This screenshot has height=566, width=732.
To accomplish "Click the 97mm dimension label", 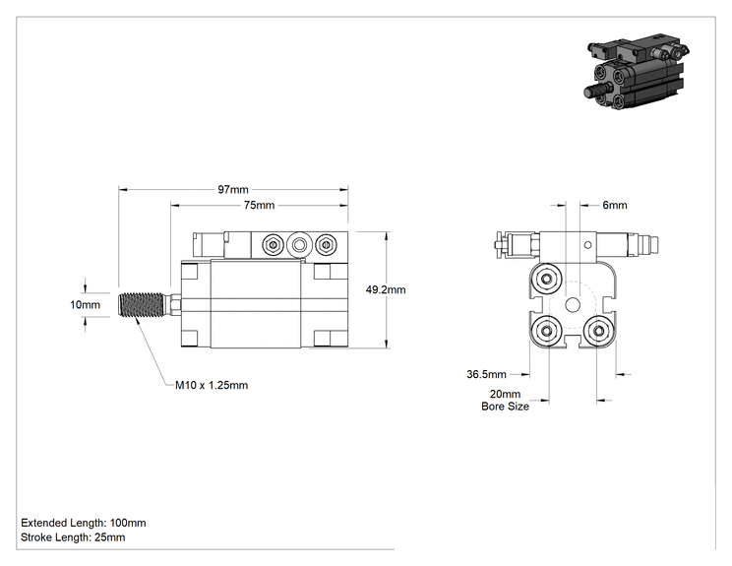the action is click(233, 190).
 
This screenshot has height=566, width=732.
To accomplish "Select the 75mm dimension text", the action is click(259, 205).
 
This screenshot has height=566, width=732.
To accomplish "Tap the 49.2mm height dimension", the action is click(386, 289).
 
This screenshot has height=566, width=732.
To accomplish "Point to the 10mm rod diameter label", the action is click(85, 305).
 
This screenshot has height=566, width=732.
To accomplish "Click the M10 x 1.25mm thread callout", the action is click(212, 385).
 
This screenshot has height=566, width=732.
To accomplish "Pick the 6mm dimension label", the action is click(615, 205).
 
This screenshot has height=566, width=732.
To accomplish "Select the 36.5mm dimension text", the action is click(486, 374).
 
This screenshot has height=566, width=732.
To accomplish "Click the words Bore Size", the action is click(505, 407).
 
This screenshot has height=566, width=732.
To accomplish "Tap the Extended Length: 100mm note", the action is click(84, 523).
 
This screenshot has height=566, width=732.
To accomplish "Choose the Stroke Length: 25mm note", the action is click(73, 537).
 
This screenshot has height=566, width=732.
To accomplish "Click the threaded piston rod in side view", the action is click(142, 305).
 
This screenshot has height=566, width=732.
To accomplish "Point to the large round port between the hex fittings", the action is click(299, 245).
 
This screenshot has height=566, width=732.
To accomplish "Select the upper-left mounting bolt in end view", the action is click(546, 280).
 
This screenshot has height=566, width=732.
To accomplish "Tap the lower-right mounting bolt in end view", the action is click(599, 331).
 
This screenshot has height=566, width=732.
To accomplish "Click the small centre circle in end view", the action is click(573, 305).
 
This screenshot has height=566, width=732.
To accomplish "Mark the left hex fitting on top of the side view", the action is click(274, 245).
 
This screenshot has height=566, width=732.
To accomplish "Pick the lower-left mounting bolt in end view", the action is click(547, 331).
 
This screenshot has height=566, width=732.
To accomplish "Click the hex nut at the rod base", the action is click(176, 305).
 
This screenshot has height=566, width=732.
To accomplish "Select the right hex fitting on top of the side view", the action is click(326, 245).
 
